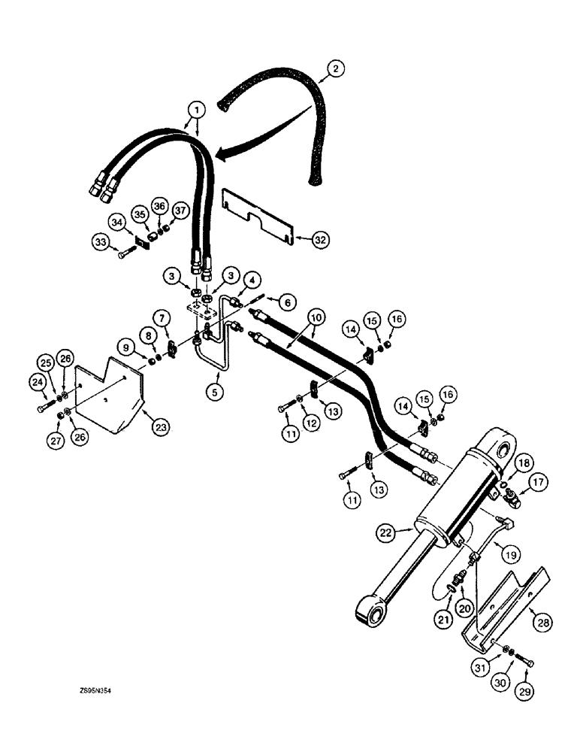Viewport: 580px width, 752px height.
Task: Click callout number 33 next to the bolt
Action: coord(103,242)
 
